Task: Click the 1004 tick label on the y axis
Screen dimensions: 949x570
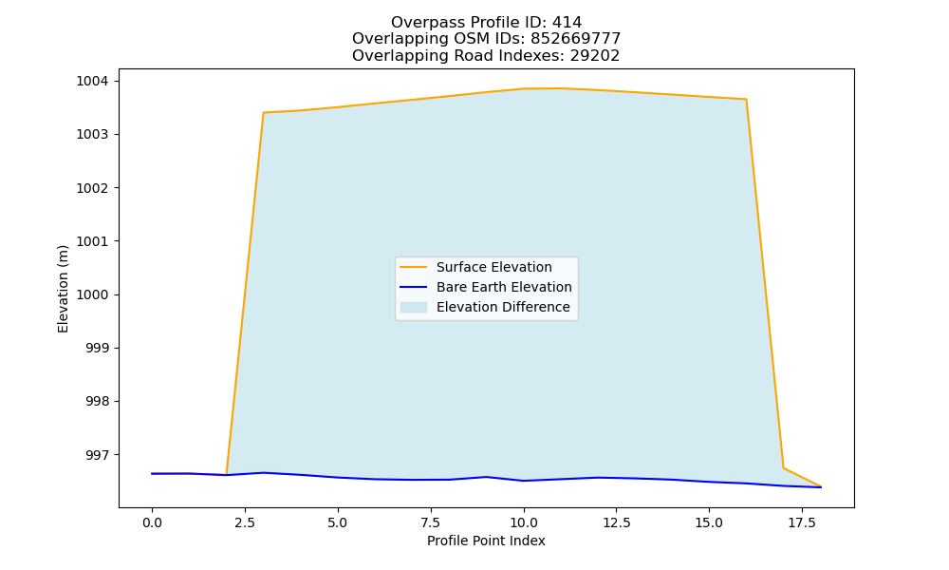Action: click(92, 81)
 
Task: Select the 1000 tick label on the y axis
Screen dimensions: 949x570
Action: click(92, 295)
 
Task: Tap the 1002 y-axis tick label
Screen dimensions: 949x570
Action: click(92, 188)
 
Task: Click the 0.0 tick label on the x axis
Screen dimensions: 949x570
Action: click(152, 522)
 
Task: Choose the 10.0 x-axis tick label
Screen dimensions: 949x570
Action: click(524, 522)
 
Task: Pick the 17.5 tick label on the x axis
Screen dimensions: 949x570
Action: click(802, 522)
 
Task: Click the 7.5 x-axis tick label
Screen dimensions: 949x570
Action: click(431, 522)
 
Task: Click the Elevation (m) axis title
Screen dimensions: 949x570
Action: click(63, 289)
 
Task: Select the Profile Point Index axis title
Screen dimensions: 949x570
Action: click(486, 541)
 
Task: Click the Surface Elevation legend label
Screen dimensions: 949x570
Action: click(493, 267)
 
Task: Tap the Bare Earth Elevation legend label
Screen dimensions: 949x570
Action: click(504, 287)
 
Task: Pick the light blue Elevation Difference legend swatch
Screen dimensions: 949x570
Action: click(414, 307)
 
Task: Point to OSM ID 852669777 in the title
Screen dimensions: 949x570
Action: click(576, 39)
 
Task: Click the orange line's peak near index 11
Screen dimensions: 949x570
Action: click(561, 88)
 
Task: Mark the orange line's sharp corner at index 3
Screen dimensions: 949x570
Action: click(263, 113)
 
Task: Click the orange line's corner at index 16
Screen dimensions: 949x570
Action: click(746, 100)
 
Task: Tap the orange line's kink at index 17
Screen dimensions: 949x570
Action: click(783, 467)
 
